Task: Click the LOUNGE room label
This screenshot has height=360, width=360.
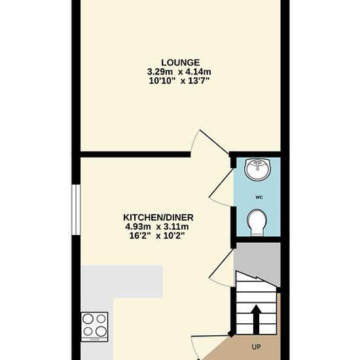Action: (x=180, y=63)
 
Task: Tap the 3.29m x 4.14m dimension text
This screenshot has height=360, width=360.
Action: (x=179, y=72)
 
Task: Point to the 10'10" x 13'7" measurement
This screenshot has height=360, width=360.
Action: (x=179, y=81)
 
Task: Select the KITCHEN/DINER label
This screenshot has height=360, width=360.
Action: (x=158, y=217)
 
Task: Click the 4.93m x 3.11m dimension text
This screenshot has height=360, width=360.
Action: (x=157, y=227)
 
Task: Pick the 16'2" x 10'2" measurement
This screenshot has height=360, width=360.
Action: (x=157, y=236)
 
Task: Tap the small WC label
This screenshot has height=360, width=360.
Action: (x=259, y=197)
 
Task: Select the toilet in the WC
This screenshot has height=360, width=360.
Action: (x=257, y=223)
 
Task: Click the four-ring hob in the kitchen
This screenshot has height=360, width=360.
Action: (x=94, y=327)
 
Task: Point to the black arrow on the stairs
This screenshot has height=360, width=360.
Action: (x=256, y=319)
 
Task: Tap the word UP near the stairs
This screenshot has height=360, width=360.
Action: (x=256, y=347)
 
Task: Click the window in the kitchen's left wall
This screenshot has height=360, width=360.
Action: (x=76, y=210)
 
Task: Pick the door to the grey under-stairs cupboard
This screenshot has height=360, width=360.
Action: (x=221, y=268)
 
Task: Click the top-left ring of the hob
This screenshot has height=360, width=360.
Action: (x=88, y=319)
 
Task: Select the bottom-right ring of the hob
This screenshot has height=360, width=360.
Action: (x=101, y=332)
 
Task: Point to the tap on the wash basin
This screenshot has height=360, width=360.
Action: (x=259, y=164)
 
